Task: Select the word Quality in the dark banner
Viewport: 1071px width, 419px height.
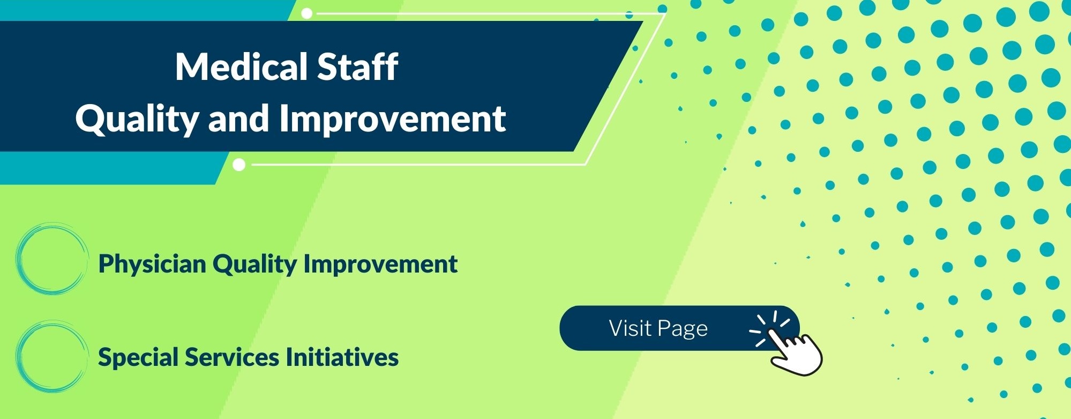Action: (x=138, y=119)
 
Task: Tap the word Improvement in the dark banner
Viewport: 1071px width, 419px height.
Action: (x=393, y=119)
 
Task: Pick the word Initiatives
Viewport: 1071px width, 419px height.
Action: (x=342, y=357)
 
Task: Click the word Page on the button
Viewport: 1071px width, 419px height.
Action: (x=683, y=329)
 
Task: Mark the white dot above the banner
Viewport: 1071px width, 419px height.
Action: (x=307, y=13)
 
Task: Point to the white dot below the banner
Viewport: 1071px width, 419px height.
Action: (x=239, y=165)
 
